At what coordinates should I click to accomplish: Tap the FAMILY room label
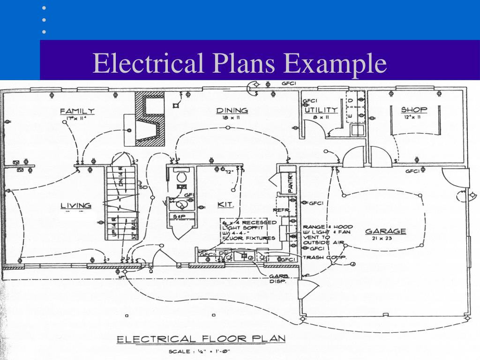[x=77, y=112]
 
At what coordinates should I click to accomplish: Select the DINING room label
[x=232, y=111]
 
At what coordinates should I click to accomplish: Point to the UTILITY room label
[x=321, y=110]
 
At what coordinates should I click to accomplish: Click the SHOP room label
[x=414, y=110]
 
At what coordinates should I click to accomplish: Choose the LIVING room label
[x=76, y=206]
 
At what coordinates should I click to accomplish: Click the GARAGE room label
[x=385, y=231]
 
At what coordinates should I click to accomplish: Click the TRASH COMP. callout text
[x=325, y=257]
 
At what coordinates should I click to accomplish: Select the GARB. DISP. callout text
[x=278, y=278]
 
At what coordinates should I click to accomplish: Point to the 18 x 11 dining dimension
[x=231, y=118]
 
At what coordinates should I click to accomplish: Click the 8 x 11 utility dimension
[x=321, y=117]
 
